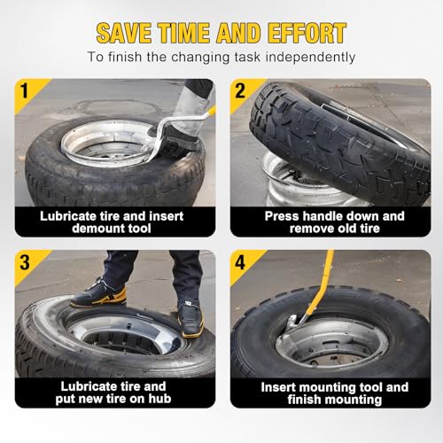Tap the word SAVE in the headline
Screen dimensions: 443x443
point(124,33)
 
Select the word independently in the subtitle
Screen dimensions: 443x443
point(310,57)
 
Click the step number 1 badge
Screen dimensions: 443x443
point(25,90)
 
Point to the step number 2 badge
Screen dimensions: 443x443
point(240,90)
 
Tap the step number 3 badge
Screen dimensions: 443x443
point(25,262)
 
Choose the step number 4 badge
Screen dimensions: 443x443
point(240,262)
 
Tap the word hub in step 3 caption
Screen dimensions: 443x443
point(159,399)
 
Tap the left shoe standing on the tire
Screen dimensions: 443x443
point(99,294)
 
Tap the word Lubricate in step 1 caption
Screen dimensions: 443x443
point(67,216)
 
